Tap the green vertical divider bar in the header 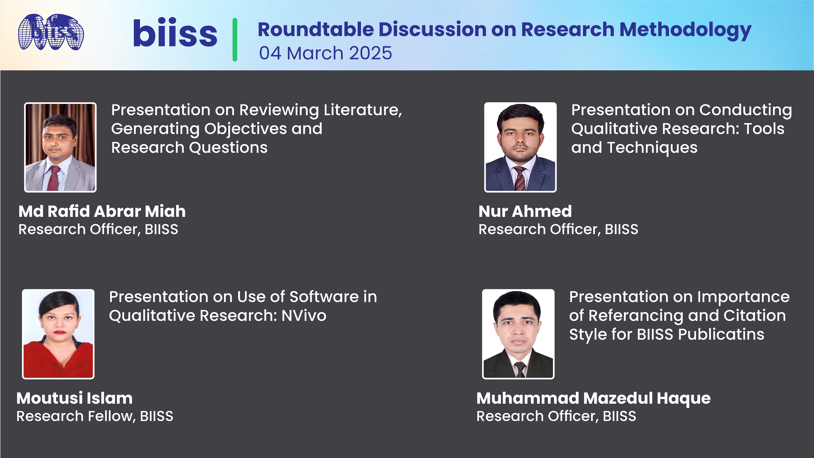click(x=235, y=39)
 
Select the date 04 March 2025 click(x=325, y=53)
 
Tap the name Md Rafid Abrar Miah click(x=102, y=211)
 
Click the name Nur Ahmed click(x=525, y=211)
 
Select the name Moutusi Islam click(x=74, y=398)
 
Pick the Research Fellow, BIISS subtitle click(x=95, y=416)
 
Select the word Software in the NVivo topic click(x=324, y=297)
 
